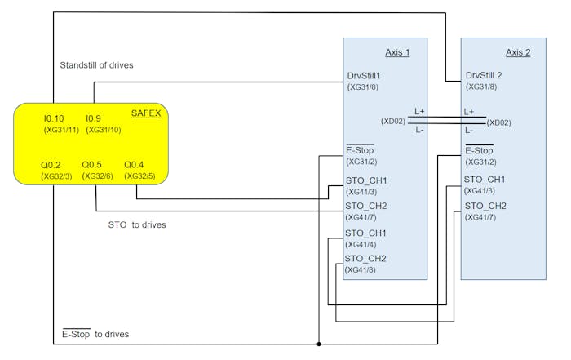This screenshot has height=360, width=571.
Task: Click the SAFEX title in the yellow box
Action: click(146, 113)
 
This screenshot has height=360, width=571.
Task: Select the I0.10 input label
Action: click(54, 119)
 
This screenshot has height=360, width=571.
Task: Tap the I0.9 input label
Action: click(95, 119)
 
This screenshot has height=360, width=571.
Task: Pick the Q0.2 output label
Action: click(51, 165)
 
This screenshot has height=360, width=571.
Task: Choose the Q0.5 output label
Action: click(91, 165)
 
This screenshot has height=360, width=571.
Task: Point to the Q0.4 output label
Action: click(134, 165)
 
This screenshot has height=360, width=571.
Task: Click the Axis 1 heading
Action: click(396, 52)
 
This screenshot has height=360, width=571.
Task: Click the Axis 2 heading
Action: click(518, 52)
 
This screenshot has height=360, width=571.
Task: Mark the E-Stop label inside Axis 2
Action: click(480, 150)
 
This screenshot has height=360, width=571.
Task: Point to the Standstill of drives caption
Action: click(97, 64)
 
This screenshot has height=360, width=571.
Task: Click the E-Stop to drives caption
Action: click(95, 334)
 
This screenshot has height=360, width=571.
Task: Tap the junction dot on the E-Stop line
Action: click(319, 344)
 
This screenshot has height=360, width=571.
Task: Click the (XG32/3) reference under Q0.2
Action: click(57, 176)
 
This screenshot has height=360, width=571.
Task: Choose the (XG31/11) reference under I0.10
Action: click(62, 131)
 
